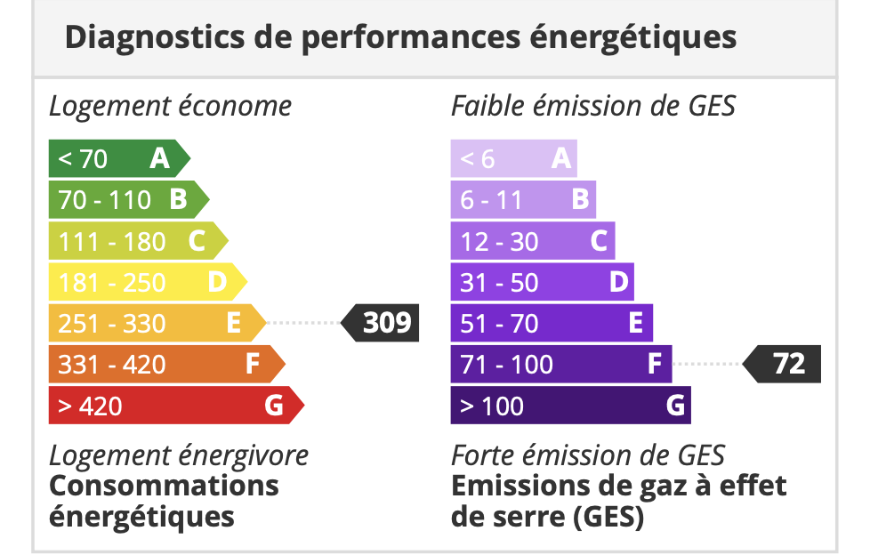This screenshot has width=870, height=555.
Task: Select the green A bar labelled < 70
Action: [116, 158]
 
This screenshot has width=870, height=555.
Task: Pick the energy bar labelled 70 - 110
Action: [125, 199]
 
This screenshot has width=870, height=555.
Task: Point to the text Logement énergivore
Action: [178, 455]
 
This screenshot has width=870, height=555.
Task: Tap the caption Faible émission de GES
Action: [593, 107]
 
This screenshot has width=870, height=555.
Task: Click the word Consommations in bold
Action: [164, 486]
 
